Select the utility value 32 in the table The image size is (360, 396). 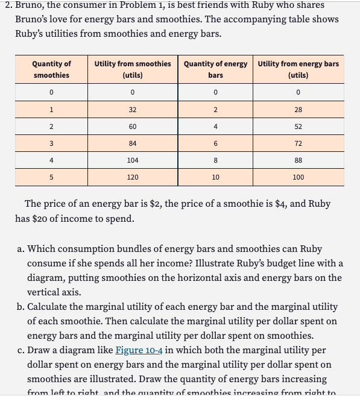(x=132, y=110)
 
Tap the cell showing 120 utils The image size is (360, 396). (x=132, y=177)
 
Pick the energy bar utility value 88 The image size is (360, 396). (x=298, y=160)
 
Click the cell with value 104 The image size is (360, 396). (x=132, y=160)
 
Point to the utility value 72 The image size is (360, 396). (x=298, y=143)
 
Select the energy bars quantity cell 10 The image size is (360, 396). (x=215, y=177)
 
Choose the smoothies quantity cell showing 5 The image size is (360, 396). (x=52, y=177)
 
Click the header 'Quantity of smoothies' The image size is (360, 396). (x=51, y=69)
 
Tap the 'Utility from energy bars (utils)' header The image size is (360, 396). (x=298, y=69)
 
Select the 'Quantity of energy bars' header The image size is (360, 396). (x=215, y=69)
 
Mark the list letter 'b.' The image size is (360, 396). (x=21, y=306)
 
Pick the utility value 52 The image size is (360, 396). (x=298, y=127)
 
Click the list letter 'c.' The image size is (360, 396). (x=20, y=350)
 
